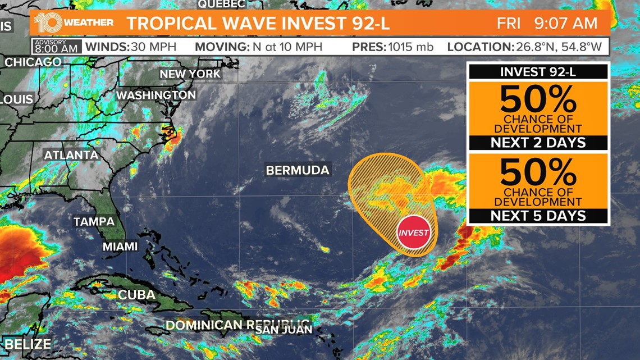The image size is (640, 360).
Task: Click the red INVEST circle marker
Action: pyautogui.click(x=414, y=233)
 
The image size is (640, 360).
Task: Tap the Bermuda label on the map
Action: pyautogui.click(x=298, y=170)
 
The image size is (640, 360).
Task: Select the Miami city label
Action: pyautogui.click(x=120, y=247)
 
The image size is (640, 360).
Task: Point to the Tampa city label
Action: pyautogui.click(x=94, y=222)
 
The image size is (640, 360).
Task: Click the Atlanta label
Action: pyautogui.click(x=71, y=155)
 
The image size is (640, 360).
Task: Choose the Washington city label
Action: pyautogui.click(x=156, y=95)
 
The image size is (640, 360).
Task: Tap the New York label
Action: pyautogui.click(x=190, y=74)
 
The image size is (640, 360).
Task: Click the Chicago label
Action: pyautogui.click(x=33, y=62)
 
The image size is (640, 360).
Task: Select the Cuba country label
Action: pyautogui.click(x=136, y=295)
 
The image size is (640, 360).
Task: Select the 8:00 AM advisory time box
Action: pyautogui.click(x=57, y=46)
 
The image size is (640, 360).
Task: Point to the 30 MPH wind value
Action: pyautogui.click(x=153, y=47)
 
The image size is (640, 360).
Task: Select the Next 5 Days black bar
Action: pyautogui.click(x=538, y=216)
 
